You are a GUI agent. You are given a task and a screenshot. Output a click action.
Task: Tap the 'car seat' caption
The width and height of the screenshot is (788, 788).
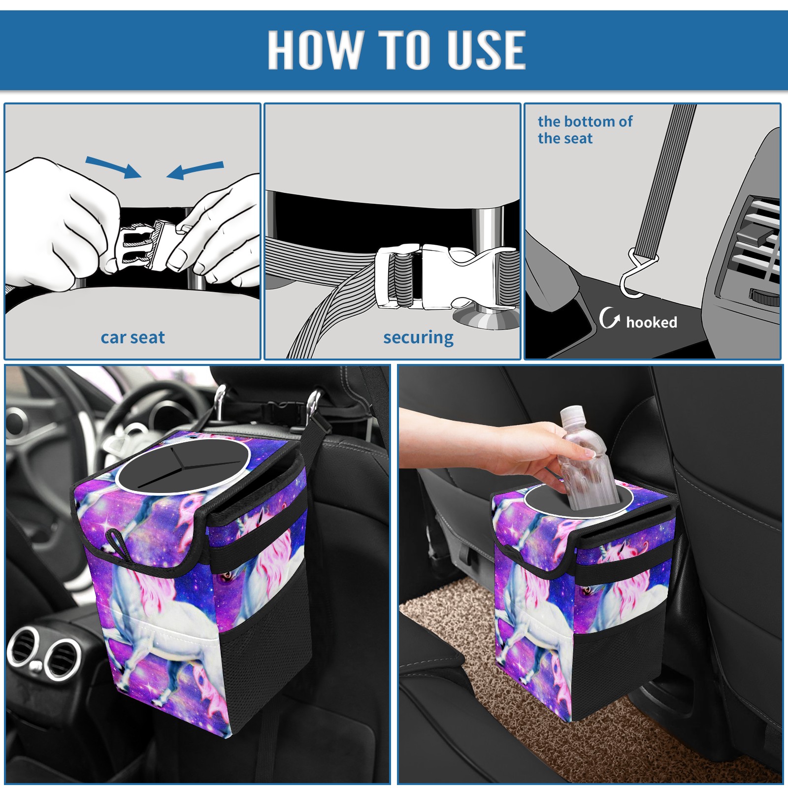[132, 337]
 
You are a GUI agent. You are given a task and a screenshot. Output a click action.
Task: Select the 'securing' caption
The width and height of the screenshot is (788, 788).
[418, 338]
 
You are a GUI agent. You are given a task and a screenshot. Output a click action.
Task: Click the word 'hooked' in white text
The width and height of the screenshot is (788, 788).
[652, 322]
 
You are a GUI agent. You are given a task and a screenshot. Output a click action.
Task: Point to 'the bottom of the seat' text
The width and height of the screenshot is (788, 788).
[585, 130]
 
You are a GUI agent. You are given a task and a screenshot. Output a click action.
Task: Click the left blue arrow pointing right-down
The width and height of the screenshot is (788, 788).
[113, 167]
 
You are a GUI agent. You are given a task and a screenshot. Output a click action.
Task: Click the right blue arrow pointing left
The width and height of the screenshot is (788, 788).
[195, 170]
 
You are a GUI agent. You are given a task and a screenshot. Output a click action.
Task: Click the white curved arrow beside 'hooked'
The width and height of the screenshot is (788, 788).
[609, 318]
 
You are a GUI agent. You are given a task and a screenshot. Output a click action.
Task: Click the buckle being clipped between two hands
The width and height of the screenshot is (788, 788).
[143, 246]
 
